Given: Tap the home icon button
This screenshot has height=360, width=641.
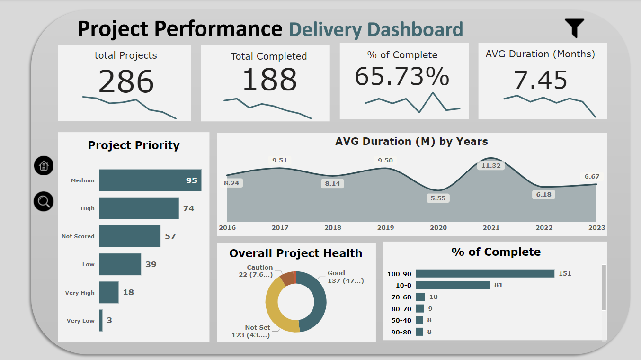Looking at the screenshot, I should point(44,166).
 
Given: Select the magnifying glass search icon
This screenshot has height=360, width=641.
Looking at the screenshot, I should point(44,202).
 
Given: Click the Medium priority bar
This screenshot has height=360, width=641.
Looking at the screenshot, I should point(150,180).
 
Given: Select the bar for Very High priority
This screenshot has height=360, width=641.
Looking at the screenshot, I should point(109,292).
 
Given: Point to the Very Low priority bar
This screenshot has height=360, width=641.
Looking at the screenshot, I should point(101,320).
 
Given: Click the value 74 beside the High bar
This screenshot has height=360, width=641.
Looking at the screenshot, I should point(188,208).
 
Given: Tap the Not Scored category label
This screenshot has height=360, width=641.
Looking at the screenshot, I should point(78,236).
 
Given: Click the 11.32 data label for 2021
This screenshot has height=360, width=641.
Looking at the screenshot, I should point(491,166).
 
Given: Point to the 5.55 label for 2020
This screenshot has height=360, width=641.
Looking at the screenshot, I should point(438,198).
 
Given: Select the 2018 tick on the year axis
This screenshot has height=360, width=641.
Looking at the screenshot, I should point(333,228).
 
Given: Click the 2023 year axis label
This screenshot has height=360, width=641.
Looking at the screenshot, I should point(596,228).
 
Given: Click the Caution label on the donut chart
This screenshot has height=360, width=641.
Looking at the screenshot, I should point(260,268).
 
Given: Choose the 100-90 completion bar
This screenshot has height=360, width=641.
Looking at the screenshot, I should point(485,273).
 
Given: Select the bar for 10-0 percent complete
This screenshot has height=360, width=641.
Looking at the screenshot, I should point(453,285).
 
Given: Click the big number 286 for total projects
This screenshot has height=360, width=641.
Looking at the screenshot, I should point(126,82).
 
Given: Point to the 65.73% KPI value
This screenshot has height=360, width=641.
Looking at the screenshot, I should point(402,77).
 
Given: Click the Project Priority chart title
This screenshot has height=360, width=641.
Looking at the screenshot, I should point(134,145).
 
